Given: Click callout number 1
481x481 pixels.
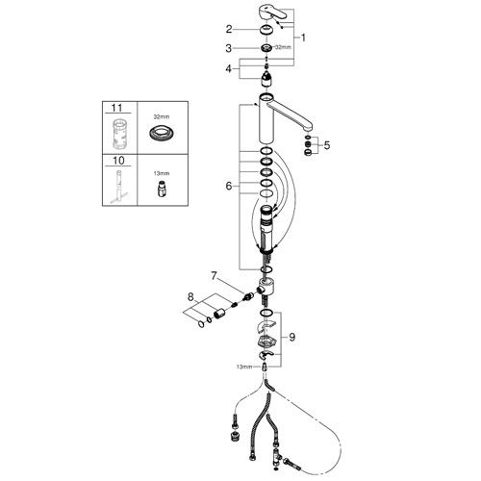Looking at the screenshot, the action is click(303, 38).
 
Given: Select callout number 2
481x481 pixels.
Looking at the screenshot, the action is click(229, 29).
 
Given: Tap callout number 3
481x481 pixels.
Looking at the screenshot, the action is click(228, 48).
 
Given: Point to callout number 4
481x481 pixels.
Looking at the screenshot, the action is click(228, 68).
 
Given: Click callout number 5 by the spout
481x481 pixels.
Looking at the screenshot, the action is click(327, 145).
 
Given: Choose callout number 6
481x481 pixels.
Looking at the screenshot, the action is click(229, 186).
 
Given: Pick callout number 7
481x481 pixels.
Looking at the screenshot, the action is click(214, 275).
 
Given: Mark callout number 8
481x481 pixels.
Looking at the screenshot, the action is click(190, 297).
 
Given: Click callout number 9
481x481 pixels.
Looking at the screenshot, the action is click(291, 337).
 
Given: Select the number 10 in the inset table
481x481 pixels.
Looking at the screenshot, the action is click(118, 161).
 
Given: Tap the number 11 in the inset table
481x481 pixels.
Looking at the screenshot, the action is click(117, 108).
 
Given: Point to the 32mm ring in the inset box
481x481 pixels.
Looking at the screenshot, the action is click(162, 132).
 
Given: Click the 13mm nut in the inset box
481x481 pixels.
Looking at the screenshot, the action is click(162, 190).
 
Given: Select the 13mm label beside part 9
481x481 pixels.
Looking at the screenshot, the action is click(244, 367).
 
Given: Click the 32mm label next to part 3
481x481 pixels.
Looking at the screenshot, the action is click(284, 47).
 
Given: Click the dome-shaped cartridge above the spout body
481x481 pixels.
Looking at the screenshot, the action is click(267, 79).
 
